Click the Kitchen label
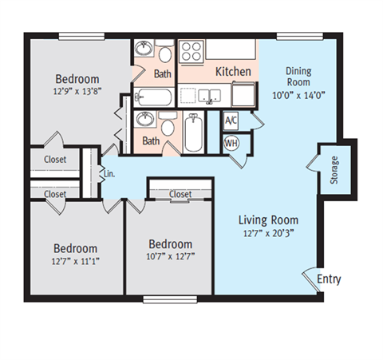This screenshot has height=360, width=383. (234, 72)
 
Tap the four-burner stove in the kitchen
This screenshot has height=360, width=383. (191, 53)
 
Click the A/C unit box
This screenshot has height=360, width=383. (231, 121)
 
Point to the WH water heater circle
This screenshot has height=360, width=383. (231, 143)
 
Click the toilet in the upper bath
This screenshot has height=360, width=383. (164, 53)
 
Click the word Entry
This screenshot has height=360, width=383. (329, 279)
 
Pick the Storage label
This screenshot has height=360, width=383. (334, 168)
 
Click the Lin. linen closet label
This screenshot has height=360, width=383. (109, 172)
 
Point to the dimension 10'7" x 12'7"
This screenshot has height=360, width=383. (170, 257)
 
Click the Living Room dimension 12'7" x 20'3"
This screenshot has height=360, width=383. (268, 234)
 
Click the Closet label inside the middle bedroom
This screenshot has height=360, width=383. (180, 194)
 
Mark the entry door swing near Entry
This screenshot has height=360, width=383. (311, 279)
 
